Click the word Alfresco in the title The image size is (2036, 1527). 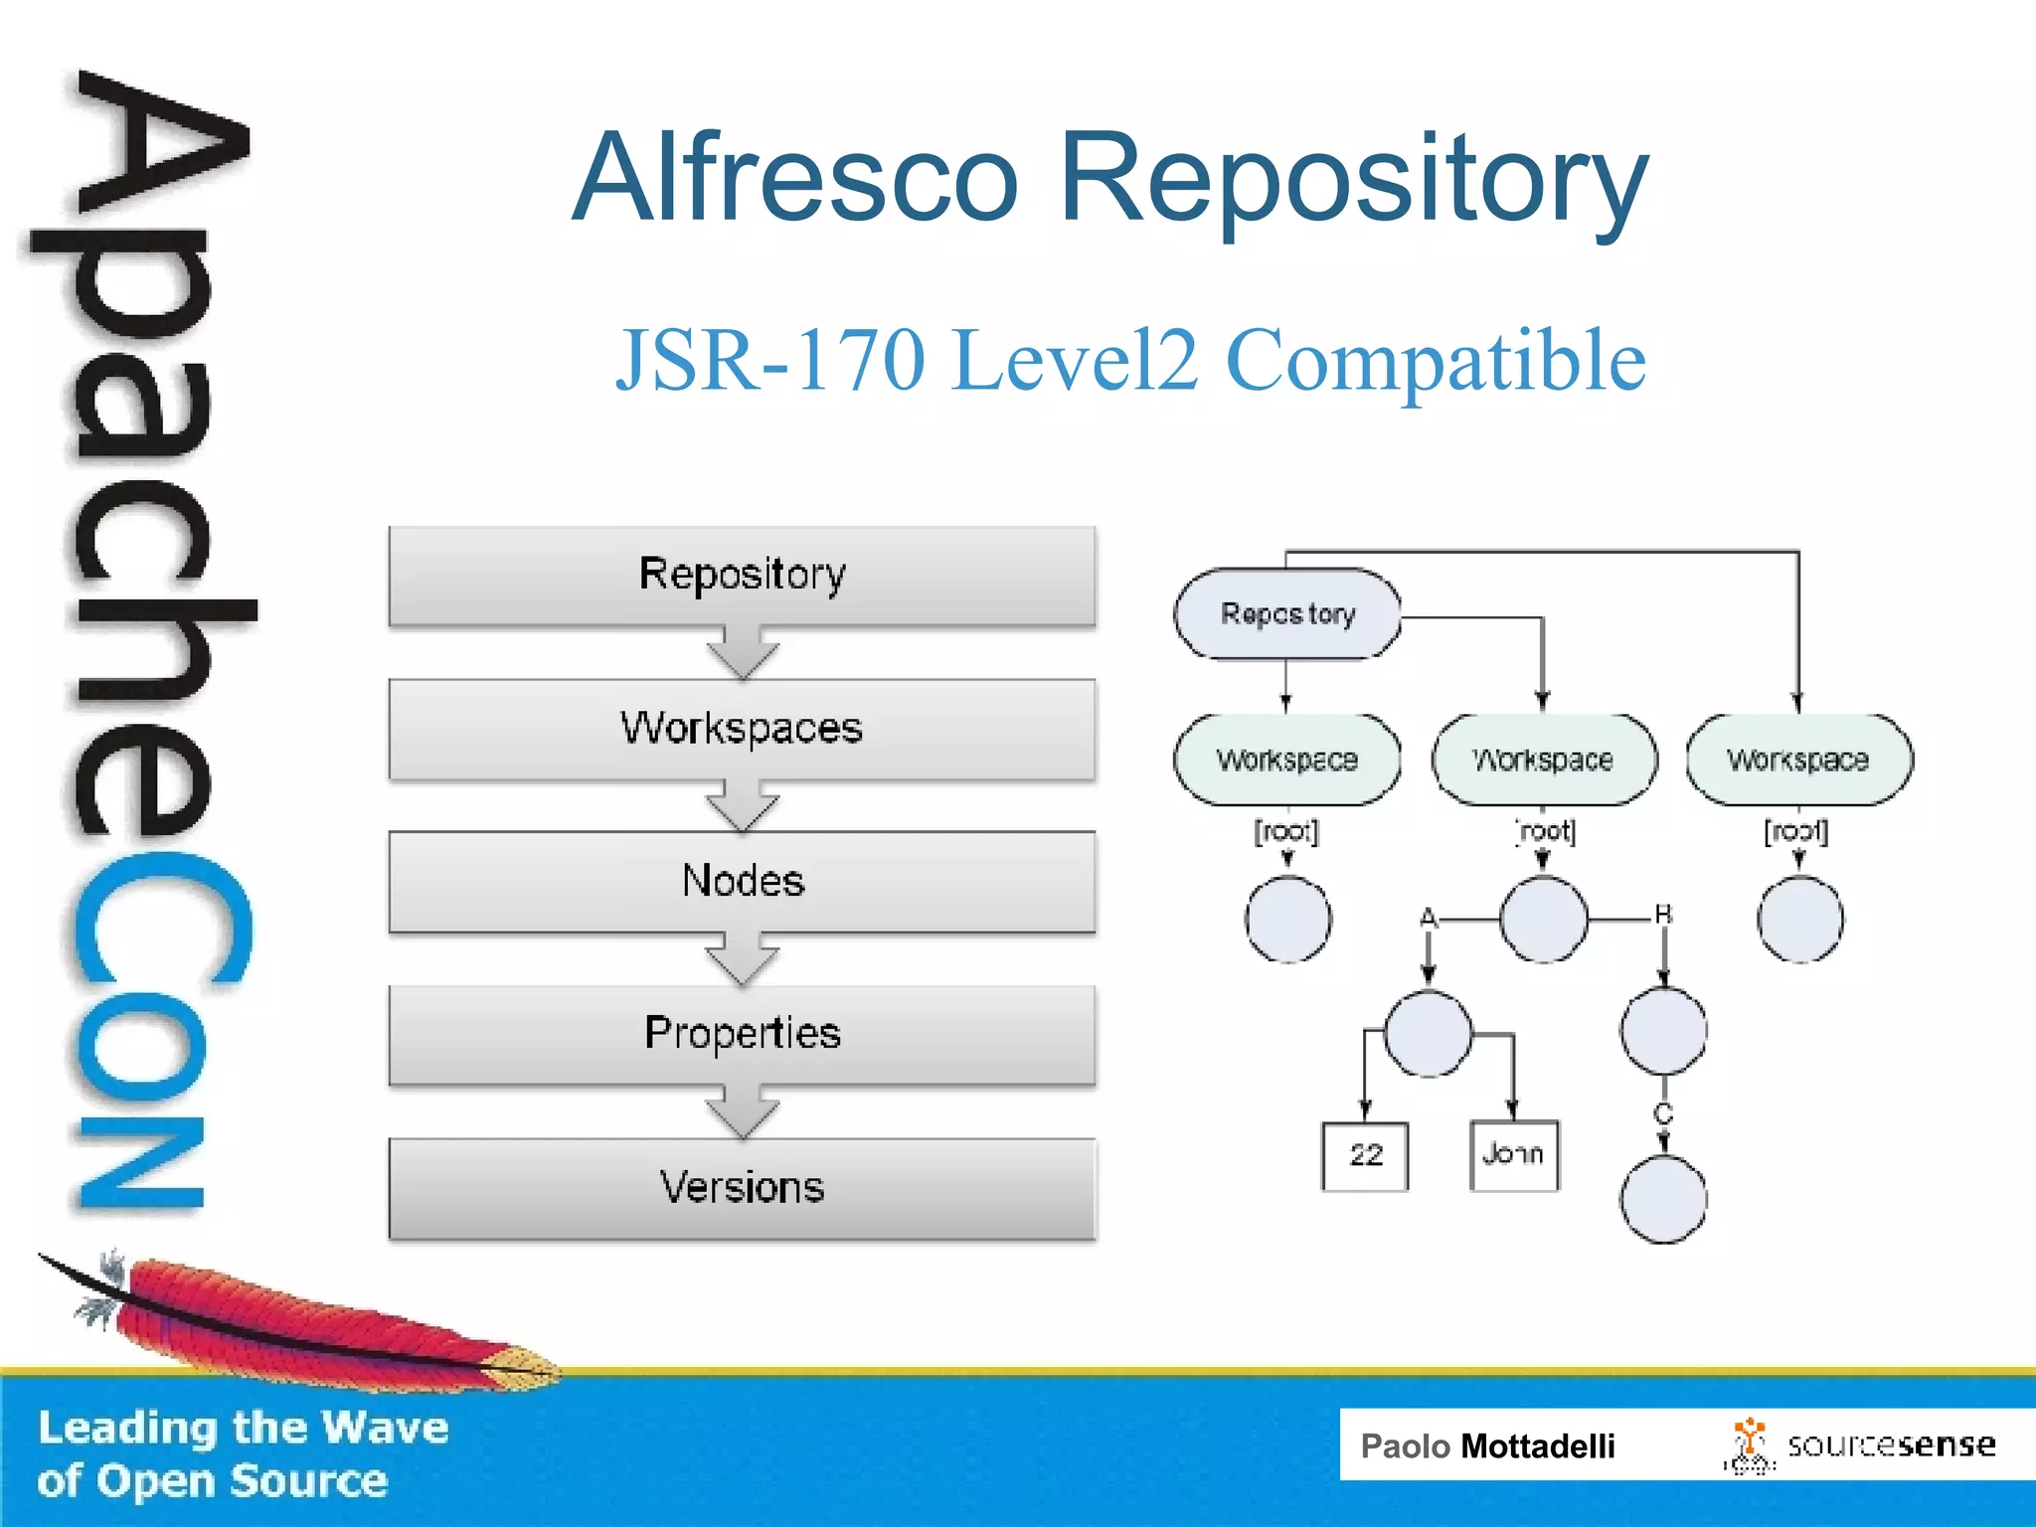coord(795,179)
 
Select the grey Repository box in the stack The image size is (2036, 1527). coord(742,575)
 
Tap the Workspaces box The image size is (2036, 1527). coord(742,728)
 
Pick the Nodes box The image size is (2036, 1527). coord(742,881)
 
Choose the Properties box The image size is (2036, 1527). coord(742,1034)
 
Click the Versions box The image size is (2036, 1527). coord(742,1187)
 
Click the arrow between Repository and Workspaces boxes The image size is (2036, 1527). coord(742,653)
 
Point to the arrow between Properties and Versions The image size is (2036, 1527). coord(742,1112)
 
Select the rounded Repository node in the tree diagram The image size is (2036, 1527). coord(1287,613)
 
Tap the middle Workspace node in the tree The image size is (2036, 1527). coord(1543,760)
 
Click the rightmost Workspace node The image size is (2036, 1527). coord(1798,760)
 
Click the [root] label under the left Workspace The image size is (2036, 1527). coord(1286,830)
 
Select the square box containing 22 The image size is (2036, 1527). coord(1365,1155)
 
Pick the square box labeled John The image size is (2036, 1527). coord(1513,1154)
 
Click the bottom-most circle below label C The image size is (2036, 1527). coord(1663,1200)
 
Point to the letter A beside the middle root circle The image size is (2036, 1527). coord(1429,917)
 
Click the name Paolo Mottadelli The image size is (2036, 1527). coord(1487,1445)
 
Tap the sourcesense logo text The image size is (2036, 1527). coord(1891,1444)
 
